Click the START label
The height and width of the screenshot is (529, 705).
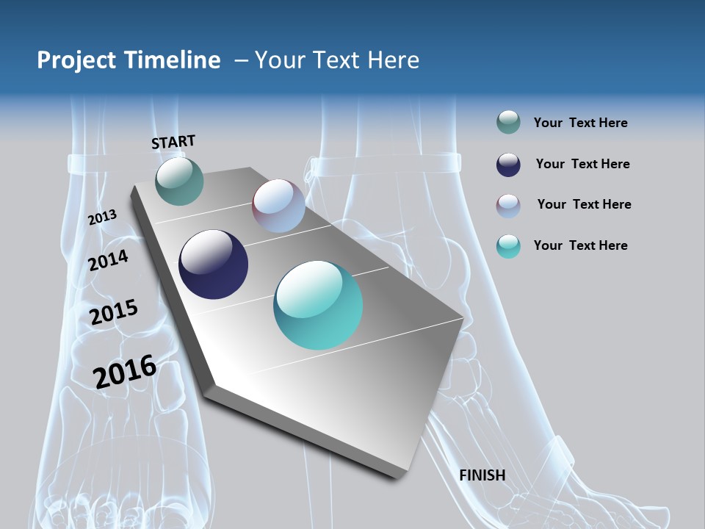[173, 141]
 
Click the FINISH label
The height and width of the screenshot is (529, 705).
[482, 475]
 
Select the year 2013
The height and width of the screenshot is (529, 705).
[102, 217]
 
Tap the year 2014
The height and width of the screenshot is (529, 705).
[109, 260]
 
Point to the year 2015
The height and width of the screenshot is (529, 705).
[114, 312]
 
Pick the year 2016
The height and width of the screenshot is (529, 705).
[125, 371]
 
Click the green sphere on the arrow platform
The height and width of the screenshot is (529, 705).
[179, 181]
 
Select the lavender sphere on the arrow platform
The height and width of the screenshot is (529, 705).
[278, 206]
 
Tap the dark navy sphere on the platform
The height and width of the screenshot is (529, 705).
[214, 264]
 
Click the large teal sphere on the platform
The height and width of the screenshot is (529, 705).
[318, 305]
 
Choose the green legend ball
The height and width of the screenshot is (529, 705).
[508, 123]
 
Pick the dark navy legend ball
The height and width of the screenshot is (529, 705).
[508, 165]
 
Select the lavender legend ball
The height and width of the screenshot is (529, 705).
[508, 205]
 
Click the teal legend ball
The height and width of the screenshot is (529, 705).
[508, 246]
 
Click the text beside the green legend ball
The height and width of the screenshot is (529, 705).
[580, 123]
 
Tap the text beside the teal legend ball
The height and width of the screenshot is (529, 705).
[580, 245]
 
